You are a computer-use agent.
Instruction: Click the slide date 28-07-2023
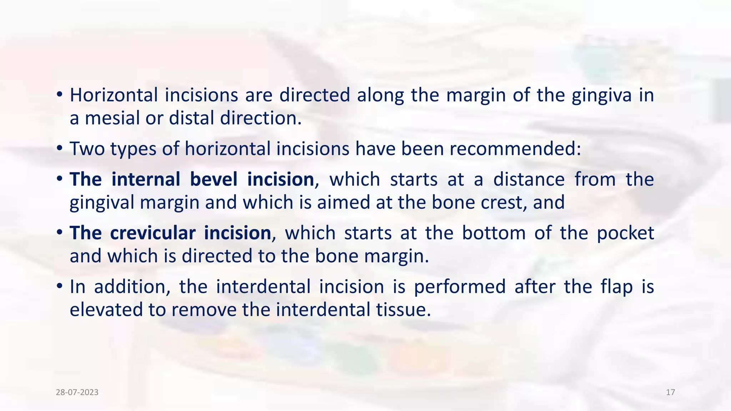pyautogui.click(x=77, y=392)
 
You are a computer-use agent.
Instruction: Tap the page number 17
pyautogui.click(x=670, y=392)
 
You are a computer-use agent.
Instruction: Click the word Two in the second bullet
pyautogui.click(x=87, y=149)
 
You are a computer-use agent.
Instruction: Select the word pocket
pyautogui.click(x=625, y=233)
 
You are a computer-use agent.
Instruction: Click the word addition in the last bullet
pyautogui.click(x=132, y=286)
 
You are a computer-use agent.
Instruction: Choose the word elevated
pyautogui.click(x=106, y=309)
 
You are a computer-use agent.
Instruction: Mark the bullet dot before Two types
pyautogui.click(x=60, y=149)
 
